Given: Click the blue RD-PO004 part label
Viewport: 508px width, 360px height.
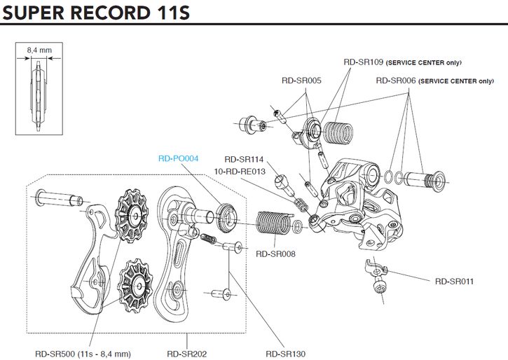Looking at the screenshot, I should (179, 158).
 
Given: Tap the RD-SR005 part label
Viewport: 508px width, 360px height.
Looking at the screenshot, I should (301, 81).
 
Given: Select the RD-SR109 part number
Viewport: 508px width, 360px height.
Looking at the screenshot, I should (364, 62).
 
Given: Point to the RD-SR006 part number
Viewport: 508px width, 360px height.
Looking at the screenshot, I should (396, 81).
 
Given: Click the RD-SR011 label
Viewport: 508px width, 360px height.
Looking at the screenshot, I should (454, 282).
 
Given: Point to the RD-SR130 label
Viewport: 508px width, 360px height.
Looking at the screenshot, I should (286, 354).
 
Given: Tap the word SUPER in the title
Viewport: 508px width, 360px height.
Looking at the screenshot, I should (42, 13).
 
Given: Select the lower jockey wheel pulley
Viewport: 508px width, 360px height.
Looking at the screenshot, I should (133, 283).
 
